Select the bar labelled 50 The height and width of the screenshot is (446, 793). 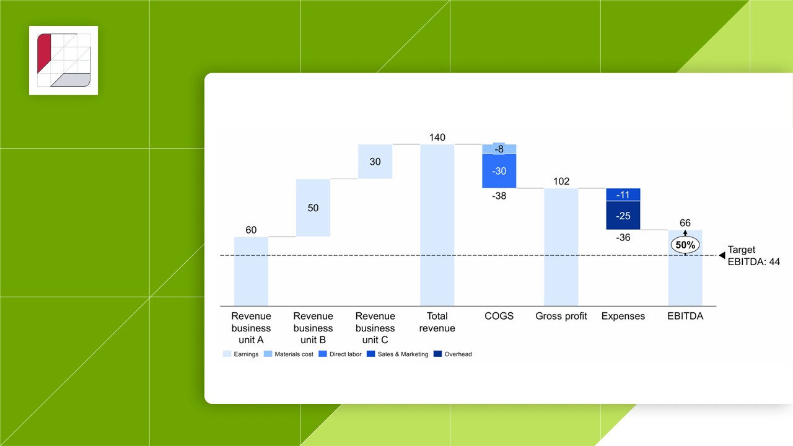[x=313, y=208]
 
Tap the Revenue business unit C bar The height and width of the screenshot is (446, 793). [x=375, y=162]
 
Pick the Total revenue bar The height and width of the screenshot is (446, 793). [x=437, y=225]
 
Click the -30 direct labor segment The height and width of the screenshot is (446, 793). [x=499, y=171]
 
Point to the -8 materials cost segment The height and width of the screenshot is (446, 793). [x=499, y=149]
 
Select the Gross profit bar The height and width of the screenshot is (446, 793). [x=561, y=247]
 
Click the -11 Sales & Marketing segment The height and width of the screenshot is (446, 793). [x=623, y=195]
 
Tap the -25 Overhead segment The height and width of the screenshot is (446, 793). [x=623, y=216]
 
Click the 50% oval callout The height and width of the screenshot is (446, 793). [x=685, y=245]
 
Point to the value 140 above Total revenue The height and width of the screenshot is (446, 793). [x=437, y=137]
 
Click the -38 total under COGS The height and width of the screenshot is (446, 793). [x=499, y=195]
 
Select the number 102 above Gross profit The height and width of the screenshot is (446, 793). [x=561, y=181]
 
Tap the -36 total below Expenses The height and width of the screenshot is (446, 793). [x=623, y=237]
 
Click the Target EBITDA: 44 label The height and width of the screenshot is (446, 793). [x=753, y=256]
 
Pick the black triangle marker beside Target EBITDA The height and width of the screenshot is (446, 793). [x=722, y=255]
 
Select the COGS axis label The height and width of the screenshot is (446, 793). [x=499, y=316]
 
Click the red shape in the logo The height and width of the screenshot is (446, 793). [x=44, y=55]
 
